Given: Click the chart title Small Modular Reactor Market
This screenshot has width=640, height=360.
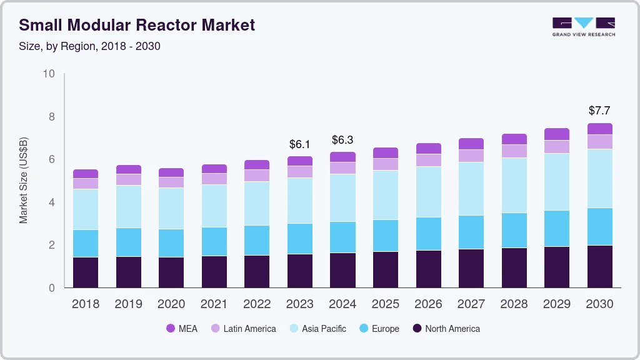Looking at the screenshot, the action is pos(137,25).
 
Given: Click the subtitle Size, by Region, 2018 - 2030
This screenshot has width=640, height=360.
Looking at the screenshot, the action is pos(89,46).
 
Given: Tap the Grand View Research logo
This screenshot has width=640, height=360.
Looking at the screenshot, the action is pos(584,27).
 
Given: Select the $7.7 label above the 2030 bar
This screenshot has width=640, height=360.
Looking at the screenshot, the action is pos(599,111).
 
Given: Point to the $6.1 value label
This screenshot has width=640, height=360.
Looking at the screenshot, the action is pos(299,144).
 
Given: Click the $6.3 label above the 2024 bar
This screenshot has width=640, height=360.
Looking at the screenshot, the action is pos(342,140).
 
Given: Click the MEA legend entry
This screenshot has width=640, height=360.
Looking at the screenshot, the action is pos(182,329).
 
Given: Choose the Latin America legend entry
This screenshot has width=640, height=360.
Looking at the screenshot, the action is pos(243,329).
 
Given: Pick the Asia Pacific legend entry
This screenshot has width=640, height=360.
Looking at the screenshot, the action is pos(317,329).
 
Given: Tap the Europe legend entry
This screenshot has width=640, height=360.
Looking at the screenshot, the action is pos(379,329).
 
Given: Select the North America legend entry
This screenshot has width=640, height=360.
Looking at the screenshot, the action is pos(446,329).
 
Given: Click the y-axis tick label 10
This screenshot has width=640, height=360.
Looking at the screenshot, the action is pos(49,74).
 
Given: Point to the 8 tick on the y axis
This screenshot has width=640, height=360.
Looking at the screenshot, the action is pos(51,117).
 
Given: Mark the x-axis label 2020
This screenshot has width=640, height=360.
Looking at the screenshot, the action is pos(171,304).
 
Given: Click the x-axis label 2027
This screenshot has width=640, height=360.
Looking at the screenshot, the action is pos(471,304).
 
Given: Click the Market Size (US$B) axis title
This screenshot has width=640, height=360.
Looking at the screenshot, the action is pos(23,181).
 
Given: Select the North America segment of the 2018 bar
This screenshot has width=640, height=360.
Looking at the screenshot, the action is pos(86,272).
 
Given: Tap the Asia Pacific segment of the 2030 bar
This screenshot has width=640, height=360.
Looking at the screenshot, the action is pos(600,179).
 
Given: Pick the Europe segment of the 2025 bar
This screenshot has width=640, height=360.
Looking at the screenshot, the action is pos(385,236).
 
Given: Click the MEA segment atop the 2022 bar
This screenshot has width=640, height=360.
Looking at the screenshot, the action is pos(257,165).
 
